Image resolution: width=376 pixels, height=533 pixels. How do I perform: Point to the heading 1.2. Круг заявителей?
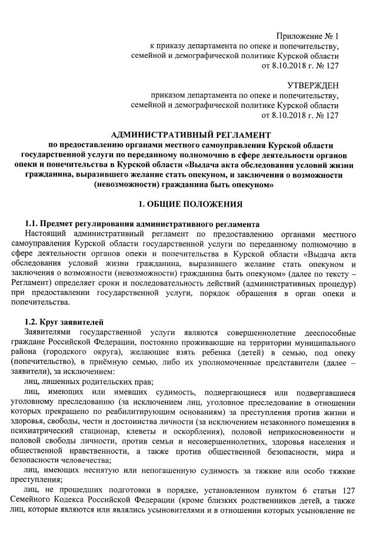coord(65,322)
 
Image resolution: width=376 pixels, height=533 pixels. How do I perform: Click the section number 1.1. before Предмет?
coord(34,224)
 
